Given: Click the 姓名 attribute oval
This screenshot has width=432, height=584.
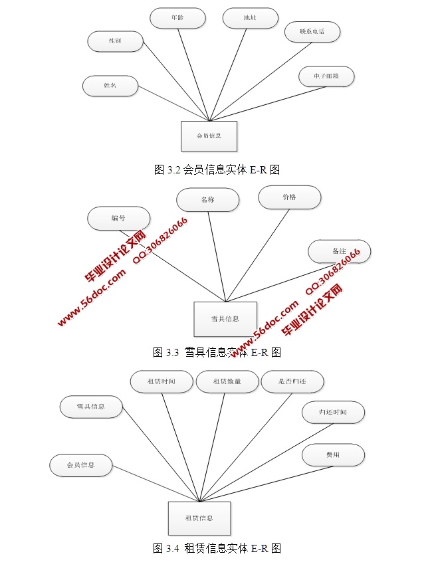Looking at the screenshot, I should point(110,86).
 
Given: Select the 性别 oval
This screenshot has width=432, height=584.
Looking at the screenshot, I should point(115,41).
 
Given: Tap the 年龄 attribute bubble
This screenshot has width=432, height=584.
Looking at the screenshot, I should point(177,19).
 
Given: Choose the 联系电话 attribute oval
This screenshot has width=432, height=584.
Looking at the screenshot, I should point(312,31).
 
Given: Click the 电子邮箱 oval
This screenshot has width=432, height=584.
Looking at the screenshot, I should point(326,76).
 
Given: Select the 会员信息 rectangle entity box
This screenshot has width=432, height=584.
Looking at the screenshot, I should point(209,136).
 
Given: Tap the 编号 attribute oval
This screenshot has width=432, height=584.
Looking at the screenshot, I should point(118,219).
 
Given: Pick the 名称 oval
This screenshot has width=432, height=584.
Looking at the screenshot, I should point(208,199).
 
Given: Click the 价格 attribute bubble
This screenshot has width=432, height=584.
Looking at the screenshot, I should point(289,197).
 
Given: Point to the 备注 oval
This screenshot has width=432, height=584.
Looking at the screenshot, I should point(339,252).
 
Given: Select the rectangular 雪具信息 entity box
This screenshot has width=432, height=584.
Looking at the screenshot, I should point(225,319).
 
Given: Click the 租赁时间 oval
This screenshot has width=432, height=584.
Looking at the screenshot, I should point(162,381).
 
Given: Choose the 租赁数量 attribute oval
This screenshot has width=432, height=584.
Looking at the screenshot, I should point(227,381).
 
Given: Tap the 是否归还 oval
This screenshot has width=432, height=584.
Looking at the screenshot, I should point(292,381).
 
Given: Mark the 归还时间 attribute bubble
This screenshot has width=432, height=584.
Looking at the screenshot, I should point(333,413).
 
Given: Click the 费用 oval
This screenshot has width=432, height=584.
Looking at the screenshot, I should point(333,455).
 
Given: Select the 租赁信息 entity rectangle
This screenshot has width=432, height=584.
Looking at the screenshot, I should point(199,518).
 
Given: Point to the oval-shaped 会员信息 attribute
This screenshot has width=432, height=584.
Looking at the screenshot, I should point(80,465).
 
